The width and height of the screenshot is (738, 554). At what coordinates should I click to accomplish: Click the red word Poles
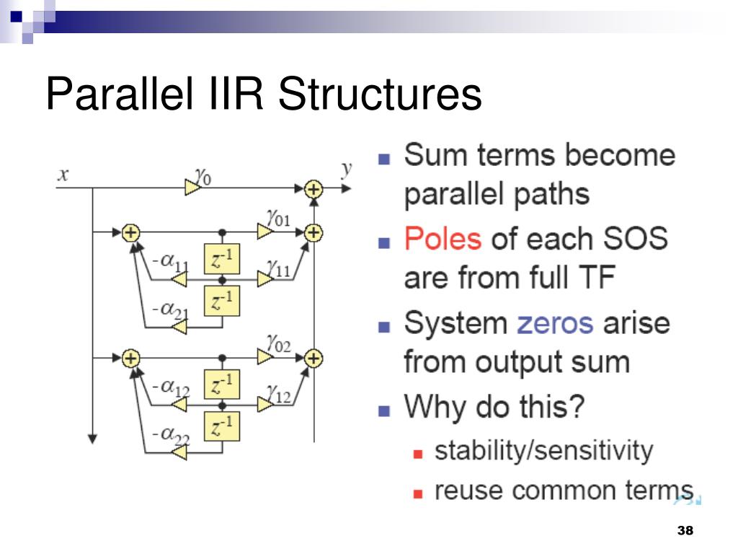coord(443,238)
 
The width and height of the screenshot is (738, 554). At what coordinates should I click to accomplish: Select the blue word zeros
coord(555,322)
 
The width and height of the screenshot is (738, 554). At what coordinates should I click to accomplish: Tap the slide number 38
coord(685,531)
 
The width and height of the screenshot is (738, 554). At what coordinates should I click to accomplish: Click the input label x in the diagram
coord(63,175)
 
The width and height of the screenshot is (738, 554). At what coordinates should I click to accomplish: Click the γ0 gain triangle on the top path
coord(192,188)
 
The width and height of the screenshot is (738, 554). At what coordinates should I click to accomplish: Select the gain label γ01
coord(277,217)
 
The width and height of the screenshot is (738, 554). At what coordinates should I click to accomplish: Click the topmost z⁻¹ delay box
coord(222,259)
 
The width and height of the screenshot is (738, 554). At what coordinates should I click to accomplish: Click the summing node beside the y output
coord(313,188)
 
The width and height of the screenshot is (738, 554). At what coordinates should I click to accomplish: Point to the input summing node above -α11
coord(130,232)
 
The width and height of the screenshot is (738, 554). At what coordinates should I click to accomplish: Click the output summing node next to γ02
coord(313,358)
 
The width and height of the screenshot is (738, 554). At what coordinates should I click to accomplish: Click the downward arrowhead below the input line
coord(92,437)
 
